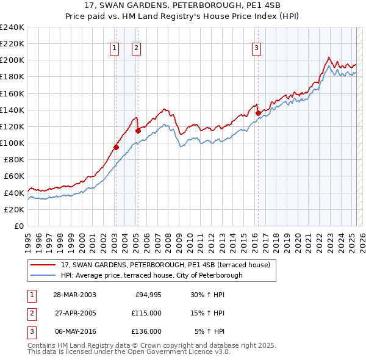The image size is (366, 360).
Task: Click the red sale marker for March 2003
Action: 116,147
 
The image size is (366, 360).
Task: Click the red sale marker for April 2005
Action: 138,130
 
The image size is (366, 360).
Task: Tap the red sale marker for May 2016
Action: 258,113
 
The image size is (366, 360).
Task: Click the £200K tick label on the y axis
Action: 12,60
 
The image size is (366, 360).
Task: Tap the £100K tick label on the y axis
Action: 12,143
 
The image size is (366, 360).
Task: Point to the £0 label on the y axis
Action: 18,226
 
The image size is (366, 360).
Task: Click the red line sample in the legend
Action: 43,265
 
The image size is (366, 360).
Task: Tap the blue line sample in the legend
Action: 43,275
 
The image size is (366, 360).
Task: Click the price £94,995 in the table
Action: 147,295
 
